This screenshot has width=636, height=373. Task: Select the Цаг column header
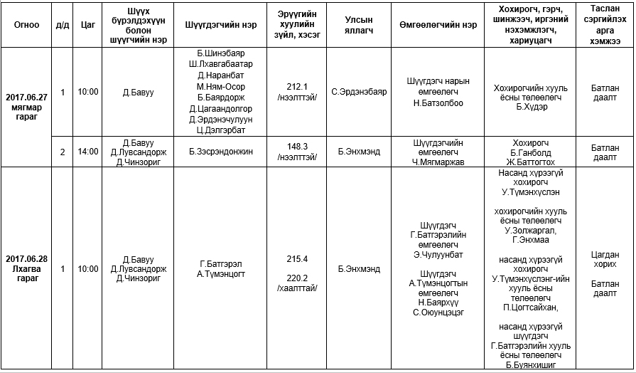(88, 23)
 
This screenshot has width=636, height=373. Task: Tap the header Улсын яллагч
(359, 23)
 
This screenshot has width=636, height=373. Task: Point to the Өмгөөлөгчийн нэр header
(438, 23)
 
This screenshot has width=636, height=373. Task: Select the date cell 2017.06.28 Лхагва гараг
(26, 268)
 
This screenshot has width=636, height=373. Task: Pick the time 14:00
(88, 152)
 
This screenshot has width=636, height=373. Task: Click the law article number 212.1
(296, 86)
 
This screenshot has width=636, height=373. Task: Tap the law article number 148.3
(296, 147)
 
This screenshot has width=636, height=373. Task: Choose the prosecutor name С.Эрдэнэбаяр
(359, 92)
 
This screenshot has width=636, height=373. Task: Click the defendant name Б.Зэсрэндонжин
(220, 152)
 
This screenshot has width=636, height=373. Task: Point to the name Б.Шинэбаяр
(220, 53)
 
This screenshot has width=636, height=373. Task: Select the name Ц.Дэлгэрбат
(220, 130)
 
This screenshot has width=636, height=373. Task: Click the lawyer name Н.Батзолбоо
(438, 103)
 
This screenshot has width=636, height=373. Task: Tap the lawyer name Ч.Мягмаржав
(438, 161)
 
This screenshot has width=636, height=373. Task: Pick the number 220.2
(296, 278)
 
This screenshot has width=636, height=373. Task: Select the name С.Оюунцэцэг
(438, 312)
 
